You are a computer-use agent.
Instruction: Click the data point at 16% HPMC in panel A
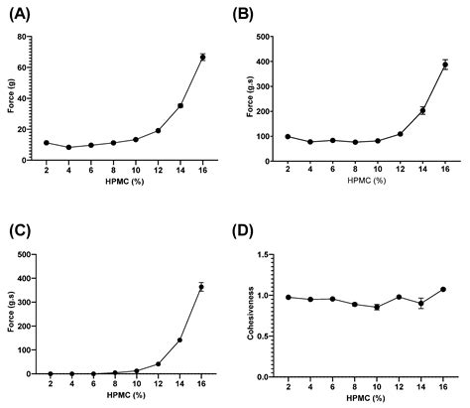click(x=202, y=57)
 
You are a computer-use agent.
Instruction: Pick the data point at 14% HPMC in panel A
click(x=180, y=105)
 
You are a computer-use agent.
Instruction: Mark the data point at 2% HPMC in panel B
click(x=288, y=137)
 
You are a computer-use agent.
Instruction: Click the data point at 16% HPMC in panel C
click(x=202, y=287)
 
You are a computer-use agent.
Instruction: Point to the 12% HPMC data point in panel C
click(x=158, y=363)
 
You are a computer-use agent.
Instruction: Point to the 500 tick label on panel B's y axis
click(x=263, y=38)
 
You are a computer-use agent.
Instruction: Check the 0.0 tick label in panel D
click(x=265, y=377)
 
